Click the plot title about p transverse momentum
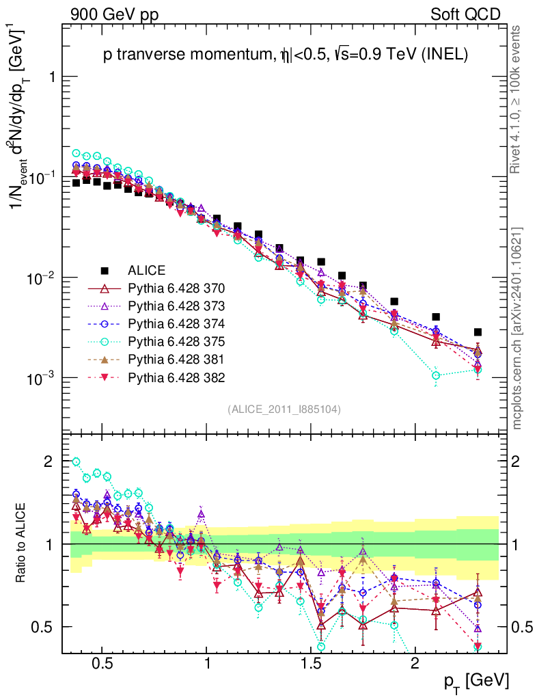click(285, 56)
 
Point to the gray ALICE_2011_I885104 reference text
click(284, 409)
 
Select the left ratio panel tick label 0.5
click(42, 627)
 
